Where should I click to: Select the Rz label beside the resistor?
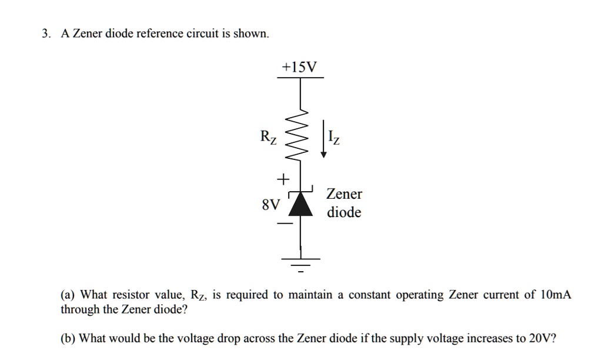(268, 138)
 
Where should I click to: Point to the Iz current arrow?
(323, 139)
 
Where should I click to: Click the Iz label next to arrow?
(334, 139)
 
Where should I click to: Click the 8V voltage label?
(271, 205)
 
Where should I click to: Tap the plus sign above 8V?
(283, 178)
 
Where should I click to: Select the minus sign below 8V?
(284, 224)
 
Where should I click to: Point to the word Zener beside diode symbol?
(345, 194)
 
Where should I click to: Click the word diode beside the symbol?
(345, 212)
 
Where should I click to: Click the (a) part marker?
(68, 295)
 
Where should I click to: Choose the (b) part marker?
(68, 338)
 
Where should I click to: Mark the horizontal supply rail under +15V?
(301, 78)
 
